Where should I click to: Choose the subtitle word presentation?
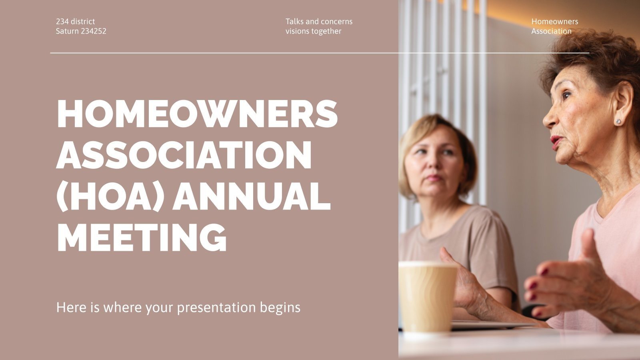216,308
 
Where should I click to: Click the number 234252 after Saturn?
94,31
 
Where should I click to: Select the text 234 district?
76,22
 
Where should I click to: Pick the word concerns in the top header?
337,22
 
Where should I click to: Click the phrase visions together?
313,31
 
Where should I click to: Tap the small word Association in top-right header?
551,31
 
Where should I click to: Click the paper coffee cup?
427,296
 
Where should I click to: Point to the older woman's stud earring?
618,121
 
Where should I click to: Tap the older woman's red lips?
556,141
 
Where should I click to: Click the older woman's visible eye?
566,96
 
